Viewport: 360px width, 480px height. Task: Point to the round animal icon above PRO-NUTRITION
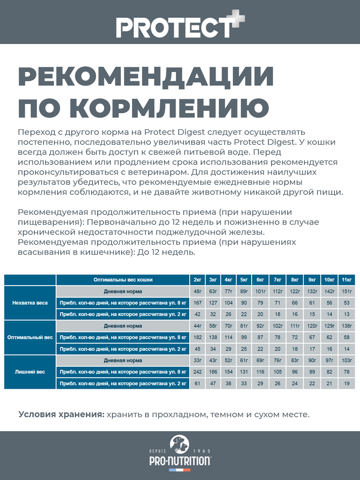pyautogui.click(x=180, y=443)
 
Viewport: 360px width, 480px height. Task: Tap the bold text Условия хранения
pyautogui.click(x=61, y=414)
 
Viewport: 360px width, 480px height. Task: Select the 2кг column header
pyautogui.click(x=198, y=280)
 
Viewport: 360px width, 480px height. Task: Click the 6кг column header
pyautogui.click(x=260, y=280)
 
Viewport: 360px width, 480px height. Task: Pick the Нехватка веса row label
pyautogui.click(x=30, y=303)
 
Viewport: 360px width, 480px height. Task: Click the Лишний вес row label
pyautogui.click(x=30, y=372)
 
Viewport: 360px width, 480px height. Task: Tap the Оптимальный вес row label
pyautogui.click(x=30, y=337)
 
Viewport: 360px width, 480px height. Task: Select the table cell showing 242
pyautogui.click(x=198, y=372)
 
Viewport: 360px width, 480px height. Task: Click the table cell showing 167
pyautogui.click(x=198, y=303)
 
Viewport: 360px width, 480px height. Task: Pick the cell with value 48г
pyautogui.click(x=198, y=291)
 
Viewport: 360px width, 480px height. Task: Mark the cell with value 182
pyautogui.click(x=198, y=337)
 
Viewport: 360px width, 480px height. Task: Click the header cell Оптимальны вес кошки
pyautogui.click(x=123, y=280)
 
